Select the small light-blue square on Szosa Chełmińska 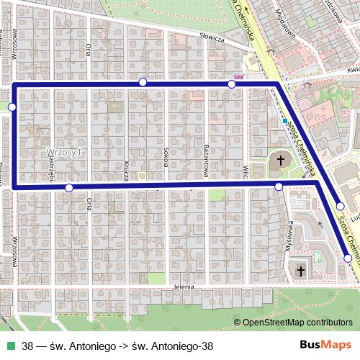[285, 121]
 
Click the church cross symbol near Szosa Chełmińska [279, 159]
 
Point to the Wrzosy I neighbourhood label [65, 153]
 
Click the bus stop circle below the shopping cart [232, 85]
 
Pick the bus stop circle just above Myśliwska [279, 187]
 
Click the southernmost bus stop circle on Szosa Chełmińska [348, 258]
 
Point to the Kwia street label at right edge [351, 70]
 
